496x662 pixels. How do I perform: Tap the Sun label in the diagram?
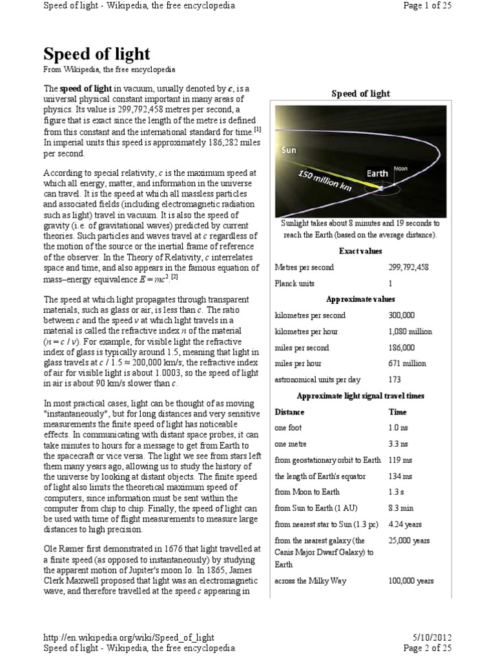[x=288, y=150]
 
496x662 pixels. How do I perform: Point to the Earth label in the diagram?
[x=377, y=173]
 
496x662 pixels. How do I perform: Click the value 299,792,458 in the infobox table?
[x=411, y=267]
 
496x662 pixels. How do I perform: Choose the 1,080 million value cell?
[x=410, y=332]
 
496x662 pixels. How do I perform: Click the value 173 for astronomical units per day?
[x=395, y=380]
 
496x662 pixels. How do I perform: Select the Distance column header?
[x=289, y=412]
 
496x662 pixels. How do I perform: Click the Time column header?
[x=397, y=412]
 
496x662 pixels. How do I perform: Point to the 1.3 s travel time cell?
[x=397, y=493]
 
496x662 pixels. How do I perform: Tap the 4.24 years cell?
[x=404, y=524]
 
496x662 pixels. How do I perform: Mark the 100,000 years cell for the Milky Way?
[x=411, y=581]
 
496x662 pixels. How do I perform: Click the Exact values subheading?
[x=360, y=251]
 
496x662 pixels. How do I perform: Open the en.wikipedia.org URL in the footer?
[x=129, y=638]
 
